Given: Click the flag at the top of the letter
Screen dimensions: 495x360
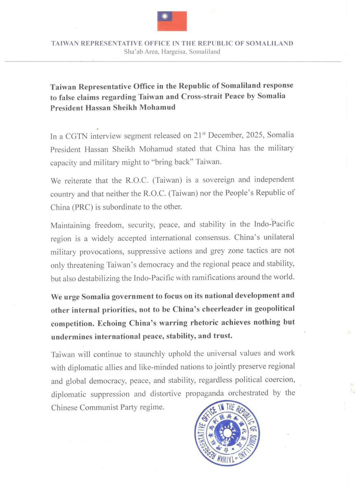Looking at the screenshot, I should click(x=172, y=21).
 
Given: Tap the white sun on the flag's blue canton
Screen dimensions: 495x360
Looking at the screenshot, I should click(x=165, y=17).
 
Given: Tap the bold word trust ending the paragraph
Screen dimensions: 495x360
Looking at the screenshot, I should click(x=223, y=337).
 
